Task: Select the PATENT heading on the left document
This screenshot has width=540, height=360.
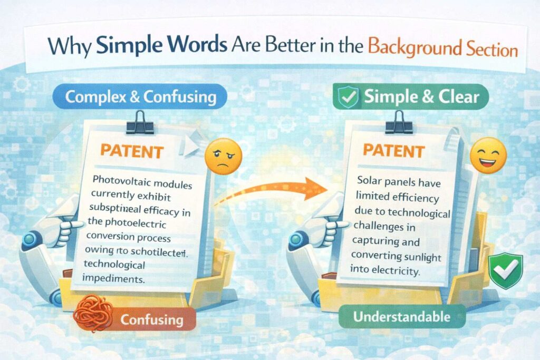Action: tap(132, 151)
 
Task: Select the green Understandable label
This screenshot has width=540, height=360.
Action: tap(409, 317)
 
